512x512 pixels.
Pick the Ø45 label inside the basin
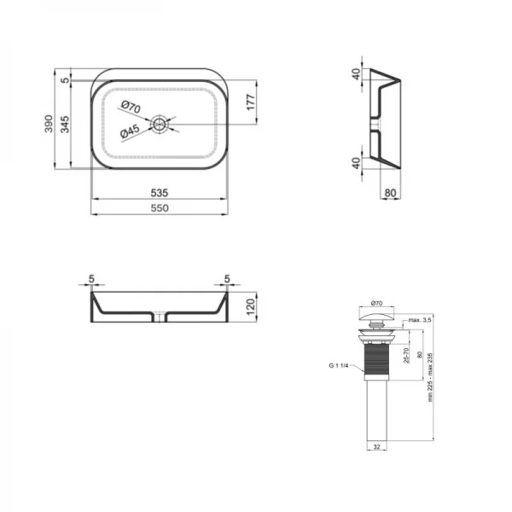[130, 131]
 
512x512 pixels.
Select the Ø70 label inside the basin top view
[130, 107]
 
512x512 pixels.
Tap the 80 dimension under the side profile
[390, 193]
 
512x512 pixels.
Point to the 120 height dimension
[251, 305]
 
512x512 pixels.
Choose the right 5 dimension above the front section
[227, 277]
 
